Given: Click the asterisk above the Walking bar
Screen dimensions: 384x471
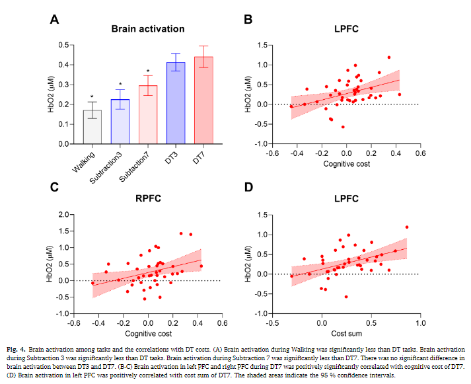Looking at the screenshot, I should pos(92,96).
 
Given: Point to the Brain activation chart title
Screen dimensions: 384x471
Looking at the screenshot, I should pos(147,29).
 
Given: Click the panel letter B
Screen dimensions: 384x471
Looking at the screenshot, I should pos(248,20).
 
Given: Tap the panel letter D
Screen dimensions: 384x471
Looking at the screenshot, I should pos(248,188).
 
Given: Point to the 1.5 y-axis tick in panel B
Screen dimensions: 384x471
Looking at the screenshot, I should pos(262,45).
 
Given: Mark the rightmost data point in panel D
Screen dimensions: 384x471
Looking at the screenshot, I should pos(407,227).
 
